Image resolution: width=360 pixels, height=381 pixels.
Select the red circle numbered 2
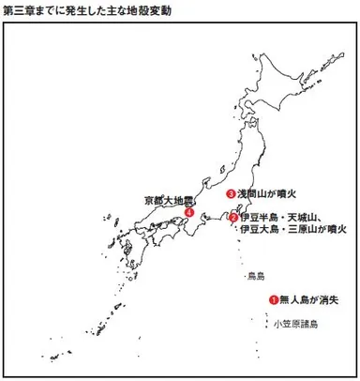click(233, 218)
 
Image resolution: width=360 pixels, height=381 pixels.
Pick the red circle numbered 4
click(190, 213)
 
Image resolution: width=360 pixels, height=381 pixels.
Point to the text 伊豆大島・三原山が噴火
click(293, 229)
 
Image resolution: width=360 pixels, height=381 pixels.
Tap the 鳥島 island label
click(256, 277)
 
